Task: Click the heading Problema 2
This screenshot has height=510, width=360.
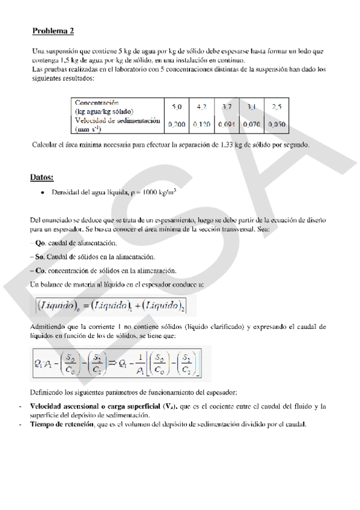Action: tap(53, 31)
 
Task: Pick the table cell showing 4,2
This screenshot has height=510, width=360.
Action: tap(201, 106)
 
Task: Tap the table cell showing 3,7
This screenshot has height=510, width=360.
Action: tap(227, 106)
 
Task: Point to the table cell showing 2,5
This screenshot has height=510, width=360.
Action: tap(276, 106)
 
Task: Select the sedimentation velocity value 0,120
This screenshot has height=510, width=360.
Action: tap(201, 124)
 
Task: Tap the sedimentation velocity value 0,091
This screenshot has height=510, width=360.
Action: tap(227, 124)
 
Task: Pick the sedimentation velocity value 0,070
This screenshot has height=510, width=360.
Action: tap(251, 124)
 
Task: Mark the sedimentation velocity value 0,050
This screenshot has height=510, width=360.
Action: tap(276, 124)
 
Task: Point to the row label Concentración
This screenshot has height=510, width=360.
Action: tap(97, 103)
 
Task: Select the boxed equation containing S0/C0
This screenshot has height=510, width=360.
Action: tap(120, 363)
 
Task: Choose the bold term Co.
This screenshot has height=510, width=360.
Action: tap(40, 271)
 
